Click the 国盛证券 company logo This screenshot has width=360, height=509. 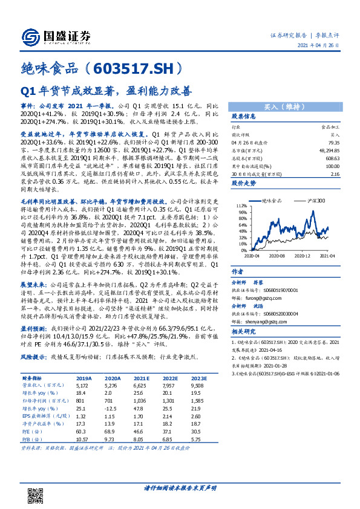61,36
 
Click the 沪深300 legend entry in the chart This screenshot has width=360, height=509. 316,200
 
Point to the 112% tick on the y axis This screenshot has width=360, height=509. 240,206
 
